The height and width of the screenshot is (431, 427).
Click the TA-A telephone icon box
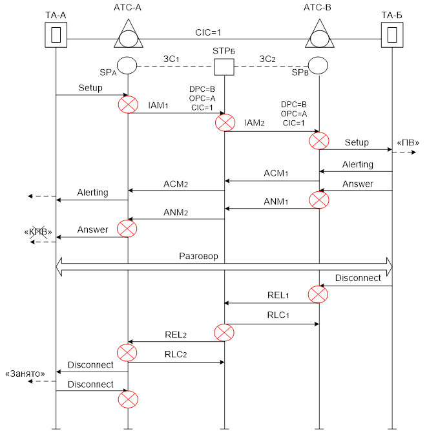pos(56,34)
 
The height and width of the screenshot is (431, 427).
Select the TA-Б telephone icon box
pos(391,34)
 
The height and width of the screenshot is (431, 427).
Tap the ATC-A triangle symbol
pos(128,35)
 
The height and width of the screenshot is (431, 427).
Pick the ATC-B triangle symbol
pos(318,35)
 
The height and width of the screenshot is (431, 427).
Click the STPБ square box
pos(224,66)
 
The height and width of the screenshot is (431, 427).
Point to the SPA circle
pos(127,65)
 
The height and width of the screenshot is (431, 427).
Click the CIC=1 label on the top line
pos(211,32)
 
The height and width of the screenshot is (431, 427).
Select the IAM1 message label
pos(158,105)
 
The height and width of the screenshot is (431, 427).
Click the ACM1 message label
pos(275,173)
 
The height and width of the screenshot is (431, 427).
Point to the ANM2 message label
pos(175,211)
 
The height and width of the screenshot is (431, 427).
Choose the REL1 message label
pos(278,295)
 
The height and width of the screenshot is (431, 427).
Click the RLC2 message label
pos(175,354)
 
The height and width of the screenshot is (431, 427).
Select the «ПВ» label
pos(404,143)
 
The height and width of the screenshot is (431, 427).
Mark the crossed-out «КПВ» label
pos(38,231)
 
